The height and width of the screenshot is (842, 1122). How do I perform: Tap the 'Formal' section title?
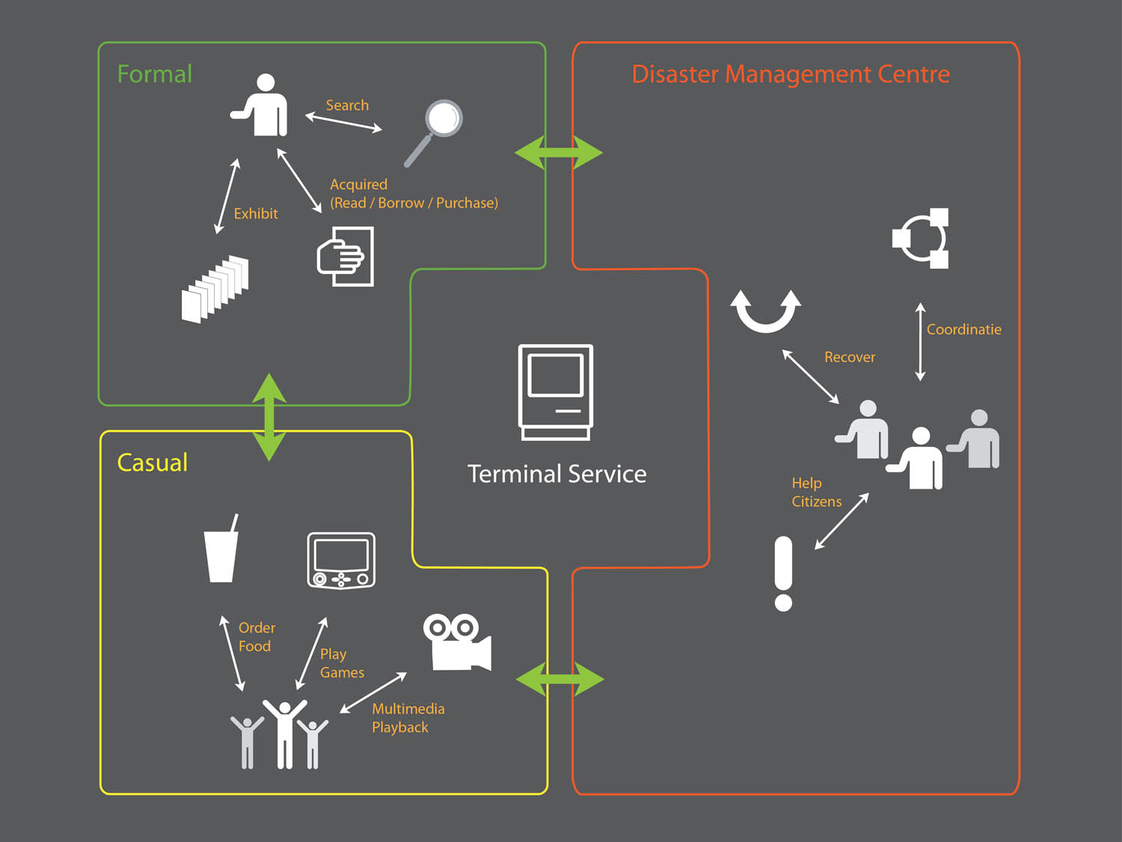point(155,74)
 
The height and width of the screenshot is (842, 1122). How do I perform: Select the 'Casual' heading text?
point(153,463)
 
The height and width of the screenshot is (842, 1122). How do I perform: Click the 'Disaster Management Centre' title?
point(791,74)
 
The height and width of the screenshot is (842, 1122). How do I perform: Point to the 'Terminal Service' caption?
point(557,474)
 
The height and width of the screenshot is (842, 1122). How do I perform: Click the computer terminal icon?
point(556,392)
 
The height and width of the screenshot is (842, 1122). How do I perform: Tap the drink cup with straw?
point(221,548)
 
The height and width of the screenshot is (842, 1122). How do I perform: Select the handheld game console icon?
point(341,561)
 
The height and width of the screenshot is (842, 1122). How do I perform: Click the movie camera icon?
point(457,642)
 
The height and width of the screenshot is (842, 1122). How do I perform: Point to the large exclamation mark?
point(783,573)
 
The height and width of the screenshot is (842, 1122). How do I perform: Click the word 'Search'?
point(347,106)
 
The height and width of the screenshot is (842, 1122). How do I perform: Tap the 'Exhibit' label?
point(256,214)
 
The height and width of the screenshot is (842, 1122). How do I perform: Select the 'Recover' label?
point(850,357)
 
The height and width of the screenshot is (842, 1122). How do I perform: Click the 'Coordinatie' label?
point(964,330)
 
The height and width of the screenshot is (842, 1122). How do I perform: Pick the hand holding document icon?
point(345,256)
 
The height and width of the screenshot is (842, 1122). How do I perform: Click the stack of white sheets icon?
point(215,289)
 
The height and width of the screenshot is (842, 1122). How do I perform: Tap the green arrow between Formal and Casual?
point(269,417)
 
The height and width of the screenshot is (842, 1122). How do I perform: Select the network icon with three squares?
point(921,238)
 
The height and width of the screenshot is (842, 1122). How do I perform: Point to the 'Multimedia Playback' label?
point(408,718)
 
